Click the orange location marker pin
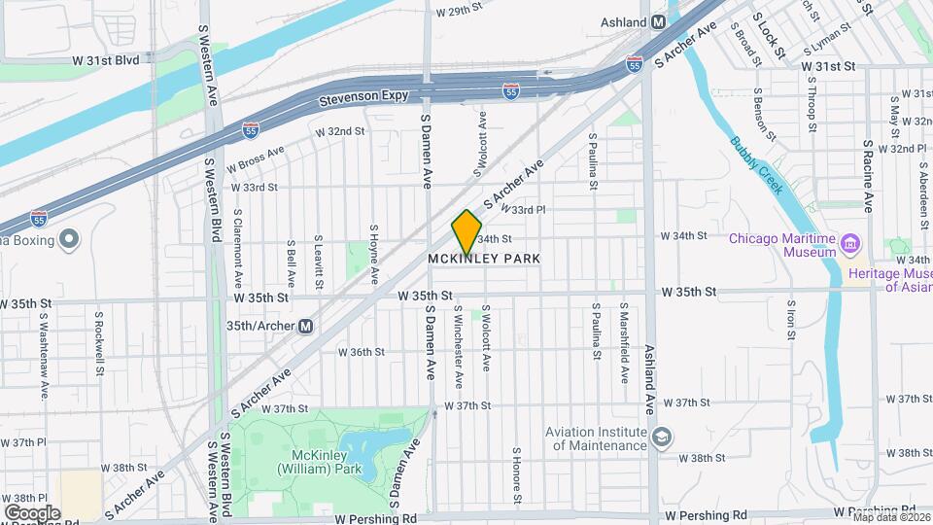click(467, 232)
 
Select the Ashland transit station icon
click(659, 21)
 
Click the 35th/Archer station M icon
click(305, 327)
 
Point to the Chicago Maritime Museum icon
click(851, 242)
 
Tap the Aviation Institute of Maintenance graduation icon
click(662, 435)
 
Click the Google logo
click(32, 513)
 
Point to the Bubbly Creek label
click(757, 166)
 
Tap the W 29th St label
click(460, 12)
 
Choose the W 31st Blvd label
click(105, 59)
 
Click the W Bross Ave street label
click(255, 159)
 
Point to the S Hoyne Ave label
click(373, 255)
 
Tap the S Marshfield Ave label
click(623, 342)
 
